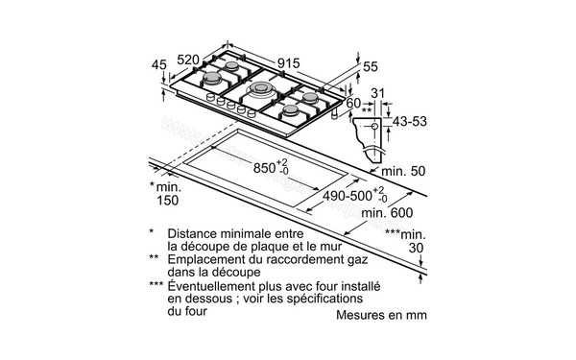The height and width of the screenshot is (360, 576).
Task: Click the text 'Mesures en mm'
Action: point(381,315)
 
